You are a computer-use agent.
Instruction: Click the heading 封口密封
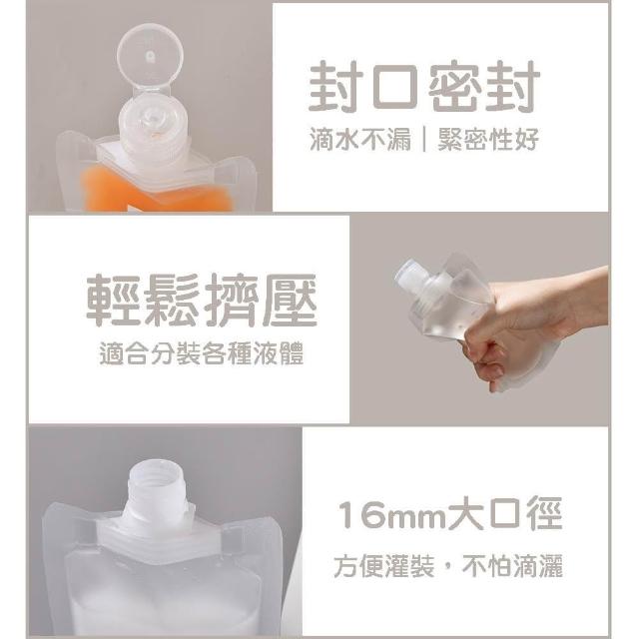[x=424, y=87]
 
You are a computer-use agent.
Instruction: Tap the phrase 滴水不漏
[x=360, y=140]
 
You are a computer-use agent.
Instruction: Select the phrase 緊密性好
[x=488, y=140]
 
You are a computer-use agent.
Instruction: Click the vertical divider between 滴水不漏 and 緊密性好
[x=424, y=140]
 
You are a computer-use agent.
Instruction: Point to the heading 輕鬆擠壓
[x=202, y=300]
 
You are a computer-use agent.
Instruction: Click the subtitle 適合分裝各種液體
[x=202, y=353]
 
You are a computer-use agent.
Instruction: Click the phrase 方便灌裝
[x=383, y=565]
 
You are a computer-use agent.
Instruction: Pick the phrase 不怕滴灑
[x=512, y=565]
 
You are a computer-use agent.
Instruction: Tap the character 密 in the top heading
[x=455, y=87]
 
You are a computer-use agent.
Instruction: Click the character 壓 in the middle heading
[x=290, y=300]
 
